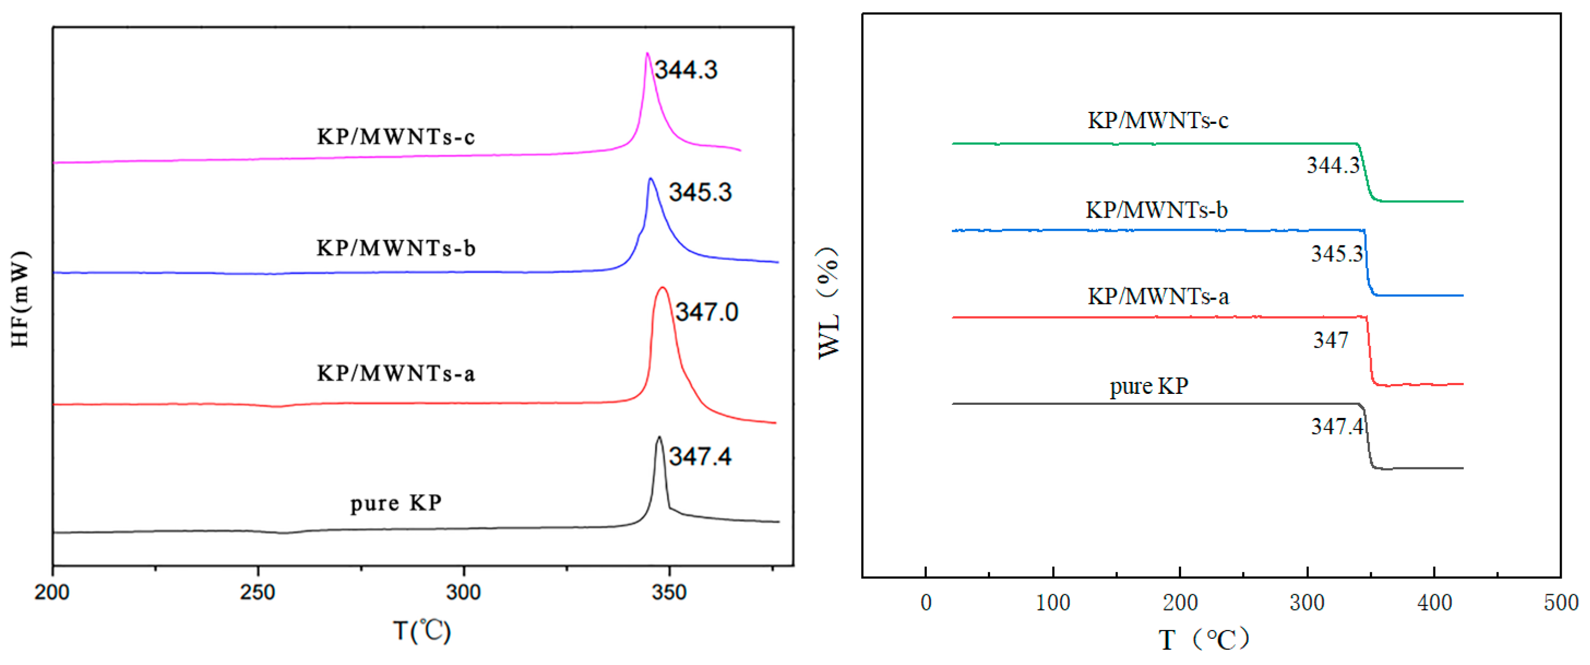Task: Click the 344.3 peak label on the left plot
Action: (686, 70)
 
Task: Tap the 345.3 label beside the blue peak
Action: (700, 193)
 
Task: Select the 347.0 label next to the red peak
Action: (706, 312)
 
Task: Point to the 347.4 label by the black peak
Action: (700, 457)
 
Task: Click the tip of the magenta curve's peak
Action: (647, 53)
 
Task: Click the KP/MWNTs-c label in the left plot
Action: (396, 137)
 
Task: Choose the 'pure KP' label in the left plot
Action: (396, 504)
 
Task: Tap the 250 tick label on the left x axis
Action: (258, 593)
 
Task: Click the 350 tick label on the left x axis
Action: (669, 593)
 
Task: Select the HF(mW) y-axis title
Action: (20, 298)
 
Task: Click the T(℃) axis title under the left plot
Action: (422, 631)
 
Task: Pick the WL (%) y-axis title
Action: (829, 303)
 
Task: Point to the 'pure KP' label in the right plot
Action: (1148, 386)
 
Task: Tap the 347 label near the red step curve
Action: (1330, 340)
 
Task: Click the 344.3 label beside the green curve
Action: (1332, 165)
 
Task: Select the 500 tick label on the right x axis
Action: (1561, 603)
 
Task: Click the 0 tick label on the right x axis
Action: (925, 603)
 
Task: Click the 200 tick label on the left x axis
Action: (52, 593)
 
